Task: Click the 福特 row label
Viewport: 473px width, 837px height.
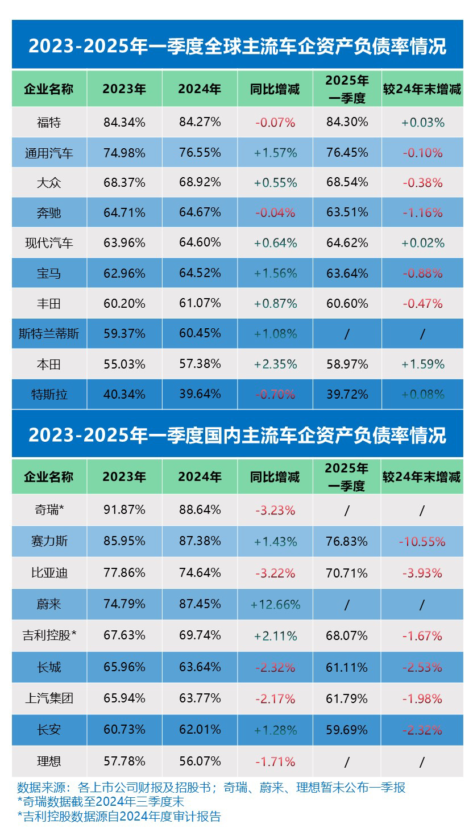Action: click(x=48, y=122)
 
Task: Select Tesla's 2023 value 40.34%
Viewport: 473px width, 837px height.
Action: click(x=124, y=394)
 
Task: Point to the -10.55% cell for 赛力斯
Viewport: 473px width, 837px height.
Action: click(x=422, y=542)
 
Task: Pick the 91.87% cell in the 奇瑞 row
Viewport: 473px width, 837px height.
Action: click(x=124, y=510)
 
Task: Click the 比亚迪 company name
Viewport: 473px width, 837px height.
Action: click(x=49, y=573)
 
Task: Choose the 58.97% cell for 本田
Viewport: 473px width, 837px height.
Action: click(x=347, y=364)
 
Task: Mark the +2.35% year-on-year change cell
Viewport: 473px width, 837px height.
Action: click(x=275, y=364)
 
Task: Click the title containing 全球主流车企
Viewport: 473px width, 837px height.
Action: click(x=237, y=46)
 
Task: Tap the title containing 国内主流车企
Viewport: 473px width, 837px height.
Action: click(x=237, y=435)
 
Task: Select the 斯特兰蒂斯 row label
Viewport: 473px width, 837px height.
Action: click(x=49, y=334)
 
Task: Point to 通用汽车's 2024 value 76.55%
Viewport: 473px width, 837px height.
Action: click(x=200, y=152)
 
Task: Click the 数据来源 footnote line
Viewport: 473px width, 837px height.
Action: click(x=211, y=788)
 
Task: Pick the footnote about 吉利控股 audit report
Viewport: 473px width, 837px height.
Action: click(x=119, y=817)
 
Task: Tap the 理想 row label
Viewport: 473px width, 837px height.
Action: click(x=48, y=761)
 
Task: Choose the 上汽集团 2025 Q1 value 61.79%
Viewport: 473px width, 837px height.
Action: click(x=347, y=698)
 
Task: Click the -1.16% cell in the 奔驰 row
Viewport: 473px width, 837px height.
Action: click(x=422, y=213)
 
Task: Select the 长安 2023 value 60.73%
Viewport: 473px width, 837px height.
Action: click(x=124, y=729)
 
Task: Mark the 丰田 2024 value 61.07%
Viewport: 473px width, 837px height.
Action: click(x=200, y=303)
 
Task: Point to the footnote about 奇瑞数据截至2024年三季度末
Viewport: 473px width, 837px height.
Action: click(x=101, y=802)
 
